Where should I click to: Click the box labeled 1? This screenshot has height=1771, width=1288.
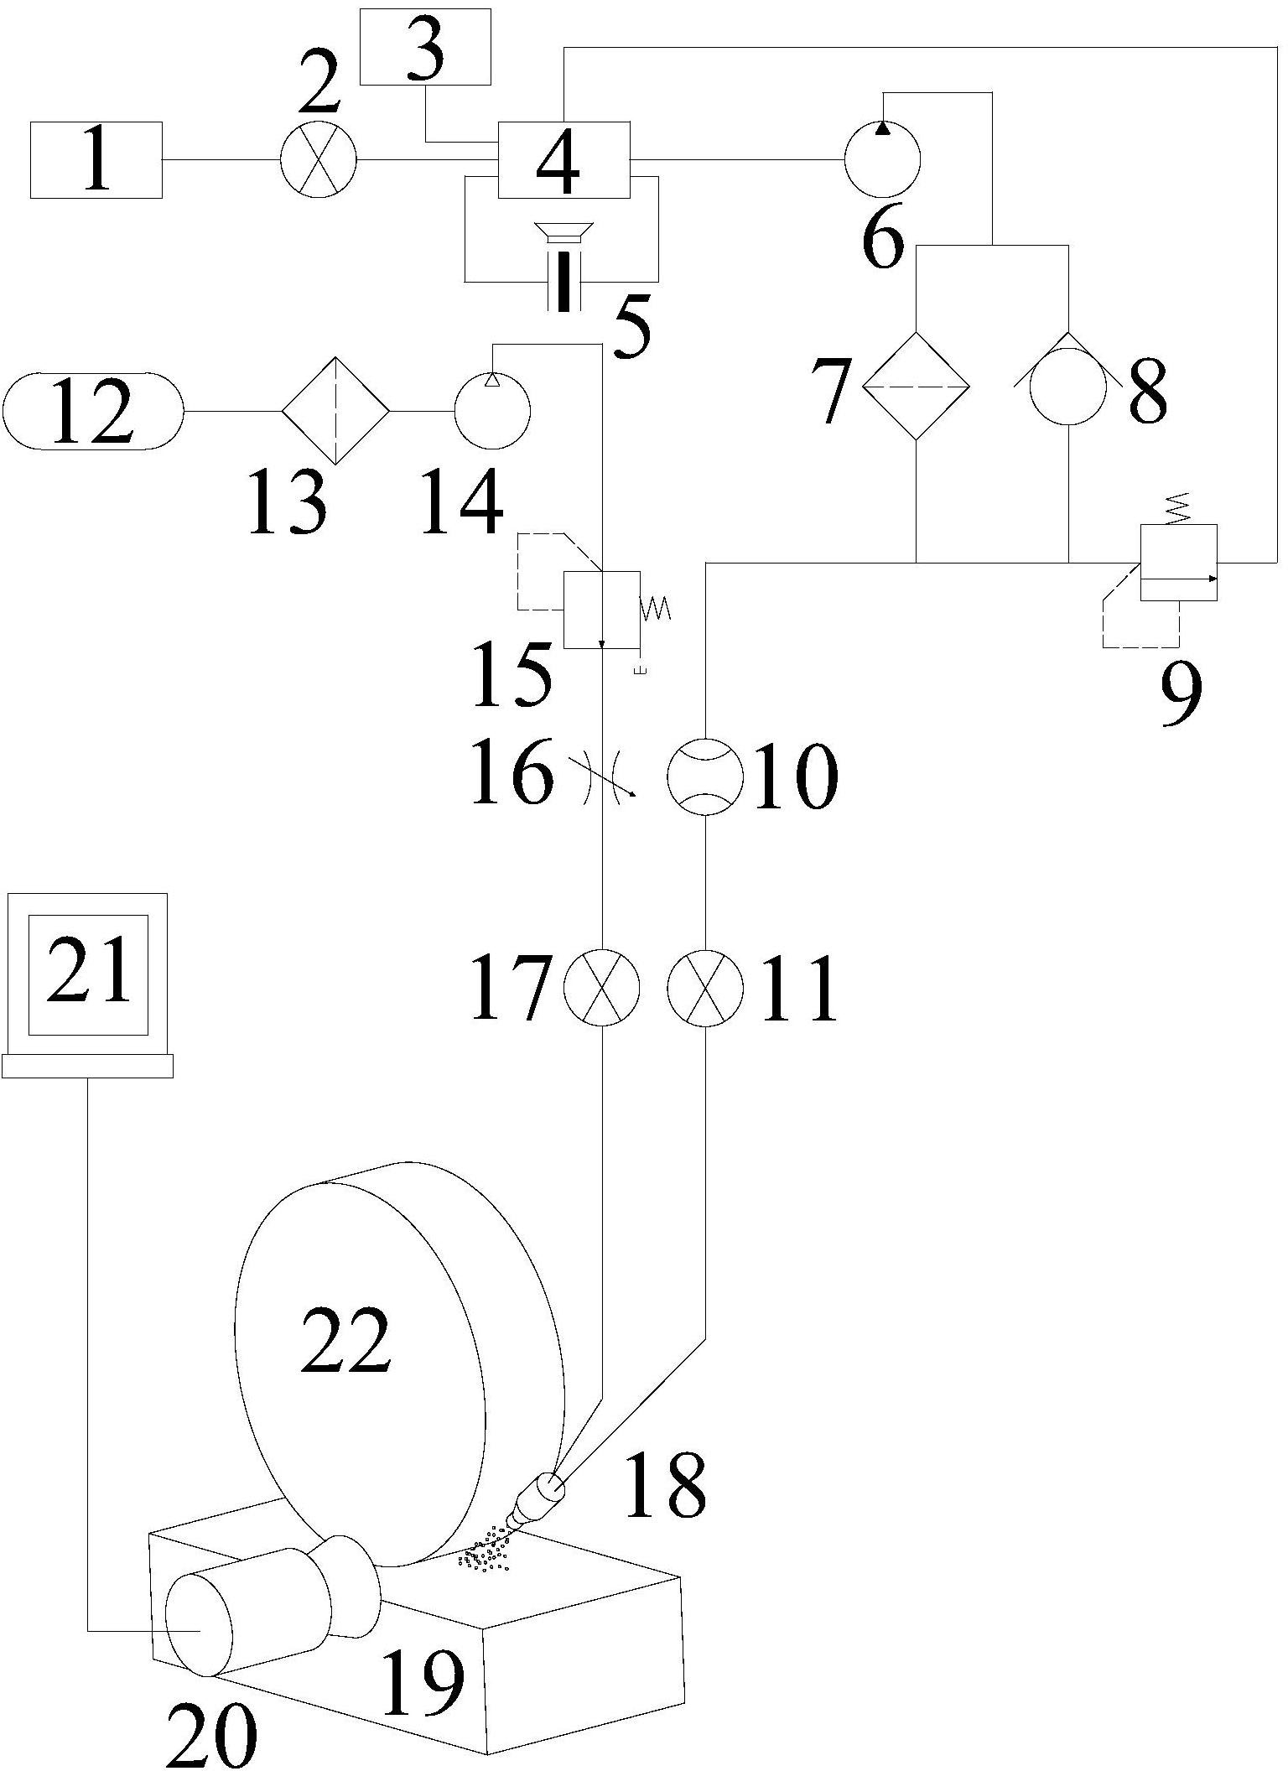click(96, 159)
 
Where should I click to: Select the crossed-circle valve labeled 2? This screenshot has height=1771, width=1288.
click(318, 159)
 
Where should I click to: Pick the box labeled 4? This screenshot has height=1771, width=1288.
click(564, 159)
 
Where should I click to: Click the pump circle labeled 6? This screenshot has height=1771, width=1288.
click(882, 159)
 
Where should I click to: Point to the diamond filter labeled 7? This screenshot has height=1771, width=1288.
click(917, 386)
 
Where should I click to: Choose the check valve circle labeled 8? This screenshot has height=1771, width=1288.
click(1069, 386)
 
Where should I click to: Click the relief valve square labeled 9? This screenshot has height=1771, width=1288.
click(1179, 563)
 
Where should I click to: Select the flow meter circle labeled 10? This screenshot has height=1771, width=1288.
click(705, 777)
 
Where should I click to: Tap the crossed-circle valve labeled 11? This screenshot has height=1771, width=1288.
click(705, 987)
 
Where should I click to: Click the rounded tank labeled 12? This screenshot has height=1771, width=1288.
click(93, 412)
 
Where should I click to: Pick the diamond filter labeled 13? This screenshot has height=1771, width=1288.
click(335, 411)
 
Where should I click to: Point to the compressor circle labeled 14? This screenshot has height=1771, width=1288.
click(492, 411)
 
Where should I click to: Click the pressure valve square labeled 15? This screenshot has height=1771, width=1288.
click(602, 610)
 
